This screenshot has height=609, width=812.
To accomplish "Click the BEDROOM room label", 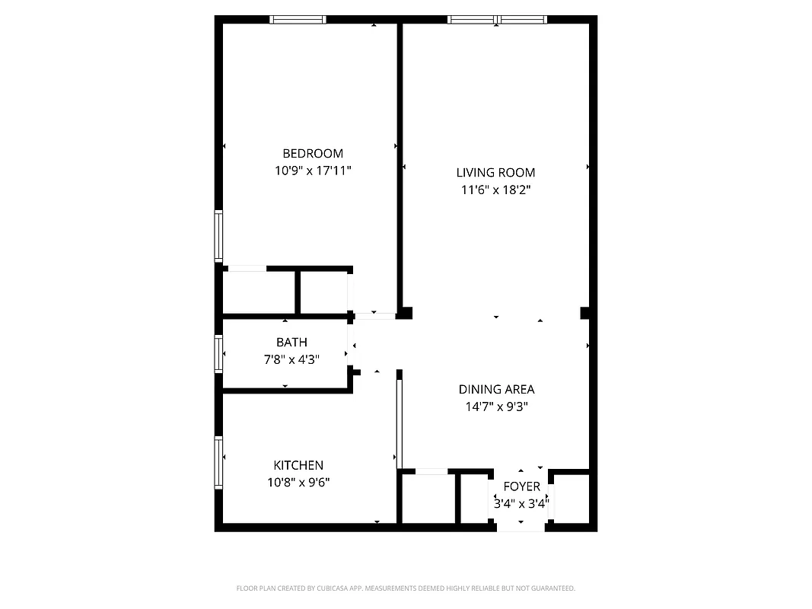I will [313, 153].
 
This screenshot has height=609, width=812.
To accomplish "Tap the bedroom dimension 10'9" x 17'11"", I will [313, 171].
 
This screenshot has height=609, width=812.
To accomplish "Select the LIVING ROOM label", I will [495, 172].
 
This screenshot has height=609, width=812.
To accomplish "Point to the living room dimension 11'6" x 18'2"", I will [495, 190].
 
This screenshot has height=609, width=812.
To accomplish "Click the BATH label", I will [291, 343].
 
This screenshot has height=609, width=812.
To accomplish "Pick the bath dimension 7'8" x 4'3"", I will [291, 359].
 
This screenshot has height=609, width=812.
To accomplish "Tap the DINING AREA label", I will [496, 389].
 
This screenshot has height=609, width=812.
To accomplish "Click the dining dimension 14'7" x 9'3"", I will [496, 407].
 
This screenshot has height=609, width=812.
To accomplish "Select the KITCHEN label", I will [298, 465].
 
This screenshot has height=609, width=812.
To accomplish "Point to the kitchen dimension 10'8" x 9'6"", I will [298, 482].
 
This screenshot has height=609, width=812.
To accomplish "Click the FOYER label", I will [521, 486].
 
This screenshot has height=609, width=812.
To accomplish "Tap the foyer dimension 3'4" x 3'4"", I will [521, 503].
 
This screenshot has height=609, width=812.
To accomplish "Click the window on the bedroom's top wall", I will [298, 20].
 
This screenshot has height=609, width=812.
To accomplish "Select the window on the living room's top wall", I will [497, 20].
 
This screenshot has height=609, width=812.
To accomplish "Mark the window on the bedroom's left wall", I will [218, 236].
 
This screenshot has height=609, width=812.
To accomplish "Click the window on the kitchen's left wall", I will [218, 462].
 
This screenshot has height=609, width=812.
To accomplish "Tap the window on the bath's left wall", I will [218, 354].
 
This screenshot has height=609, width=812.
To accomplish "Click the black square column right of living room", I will [585, 313].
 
